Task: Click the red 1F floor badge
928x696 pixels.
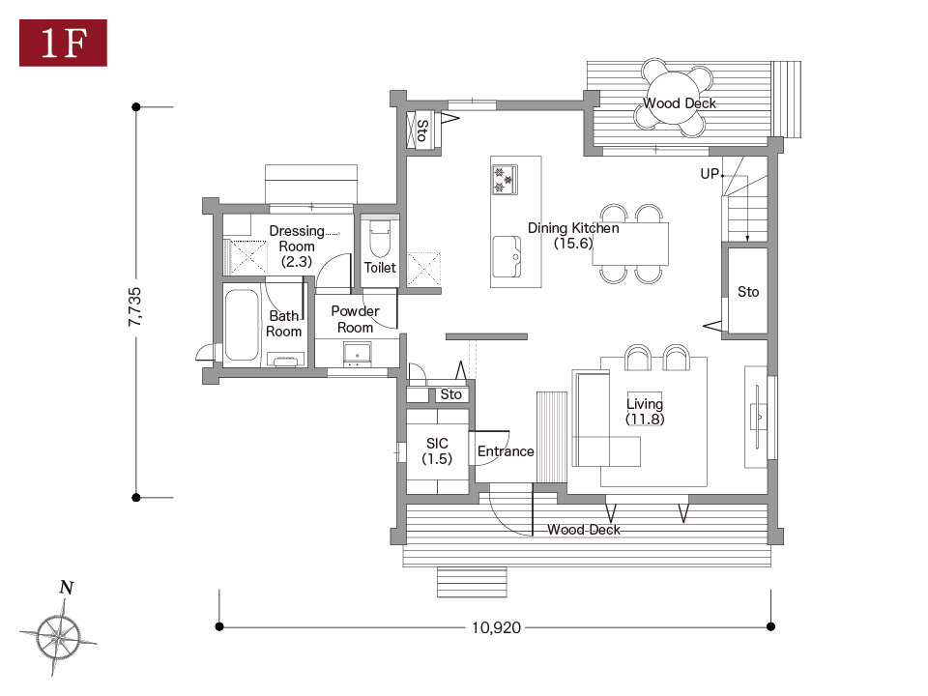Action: tap(64, 43)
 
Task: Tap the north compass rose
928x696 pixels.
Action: tap(59, 636)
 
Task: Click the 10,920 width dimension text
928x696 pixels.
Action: tap(496, 627)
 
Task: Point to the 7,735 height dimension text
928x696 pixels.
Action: tap(135, 306)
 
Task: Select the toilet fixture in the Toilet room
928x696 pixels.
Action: tap(380, 238)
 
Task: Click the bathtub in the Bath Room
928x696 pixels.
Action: tap(242, 325)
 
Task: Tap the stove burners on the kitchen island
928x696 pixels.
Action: tap(505, 180)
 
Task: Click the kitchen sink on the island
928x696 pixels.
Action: tap(507, 257)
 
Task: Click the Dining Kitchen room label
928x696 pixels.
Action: tap(573, 236)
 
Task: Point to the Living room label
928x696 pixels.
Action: tap(645, 412)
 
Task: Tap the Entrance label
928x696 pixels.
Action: tap(506, 451)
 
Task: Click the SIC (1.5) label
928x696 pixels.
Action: tap(437, 451)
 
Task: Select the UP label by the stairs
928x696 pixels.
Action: tap(710, 174)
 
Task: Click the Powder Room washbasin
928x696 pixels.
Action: tap(358, 354)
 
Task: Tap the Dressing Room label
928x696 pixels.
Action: tap(297, 246)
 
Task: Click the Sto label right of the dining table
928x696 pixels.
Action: tap(748, 292)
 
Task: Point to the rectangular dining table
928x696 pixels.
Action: tap(631, 244)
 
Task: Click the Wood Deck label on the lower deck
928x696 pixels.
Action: tap(584, 530)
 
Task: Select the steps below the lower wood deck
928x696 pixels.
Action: tap(472, 582)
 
